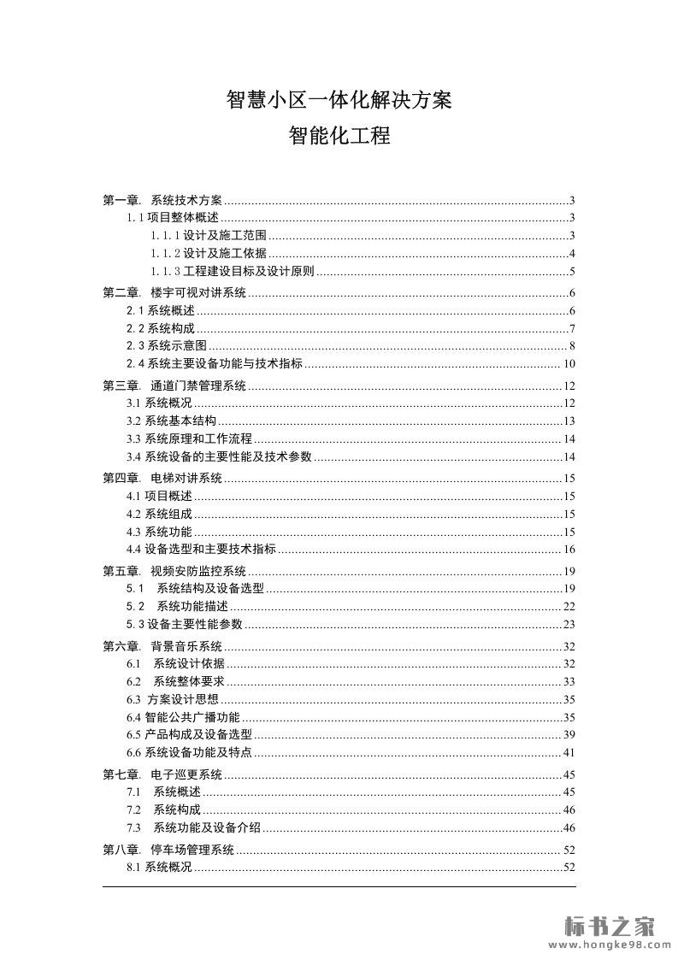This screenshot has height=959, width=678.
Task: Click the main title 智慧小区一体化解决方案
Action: click(x=339, y=101)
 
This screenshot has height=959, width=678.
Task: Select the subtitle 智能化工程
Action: click(x=339, y=136)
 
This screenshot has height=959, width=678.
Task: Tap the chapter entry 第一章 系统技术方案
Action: click(x=162, y=200)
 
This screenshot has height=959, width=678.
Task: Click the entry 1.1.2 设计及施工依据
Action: click(x=209, y=254)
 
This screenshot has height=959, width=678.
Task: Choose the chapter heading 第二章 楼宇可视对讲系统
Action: click(x=174, y=293)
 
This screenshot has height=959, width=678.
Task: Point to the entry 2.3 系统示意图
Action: click(x=167, y=346)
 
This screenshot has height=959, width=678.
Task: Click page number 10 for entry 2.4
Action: click(x=569, y=364)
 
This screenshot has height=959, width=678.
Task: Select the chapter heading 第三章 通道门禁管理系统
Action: click(x=174, y=385)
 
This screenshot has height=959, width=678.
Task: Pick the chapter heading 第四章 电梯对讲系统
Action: click(x=162, y=478)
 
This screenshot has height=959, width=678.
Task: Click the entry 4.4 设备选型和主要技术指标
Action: click(x=201, y=549)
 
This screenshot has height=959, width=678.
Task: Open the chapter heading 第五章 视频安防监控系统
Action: click(x=174, y=571)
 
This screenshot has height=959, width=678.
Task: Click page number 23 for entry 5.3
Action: click(x=569, y=624)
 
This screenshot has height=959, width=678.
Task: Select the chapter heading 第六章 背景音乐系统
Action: click(x=162, y=645)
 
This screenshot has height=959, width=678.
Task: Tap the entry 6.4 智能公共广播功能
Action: click(x=183, y=717)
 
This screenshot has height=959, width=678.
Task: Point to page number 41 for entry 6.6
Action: click(x=569, y=753)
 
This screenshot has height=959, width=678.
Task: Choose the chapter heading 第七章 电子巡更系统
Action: click(x=162, y=774)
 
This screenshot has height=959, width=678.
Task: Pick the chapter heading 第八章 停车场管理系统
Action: click(x=168, y=850)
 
